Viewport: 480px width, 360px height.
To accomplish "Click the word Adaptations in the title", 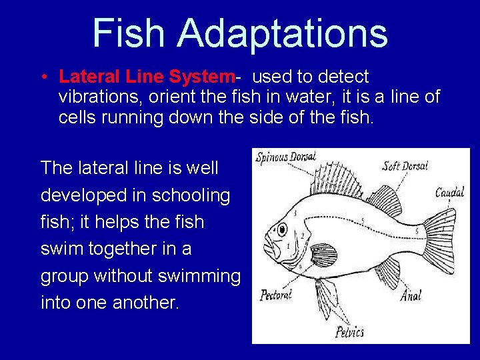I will pyautogui.click(x=283, y=33).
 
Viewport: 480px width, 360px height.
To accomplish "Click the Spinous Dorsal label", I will pyautogui.click(x=286, y=157).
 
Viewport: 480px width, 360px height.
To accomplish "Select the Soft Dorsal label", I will pyautogui.click(x=405, y=165).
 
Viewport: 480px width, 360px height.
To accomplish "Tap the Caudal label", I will pyautogui.click(x=449, y=193).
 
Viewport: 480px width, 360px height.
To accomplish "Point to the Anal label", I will pyautogui.click(x=411, y=294).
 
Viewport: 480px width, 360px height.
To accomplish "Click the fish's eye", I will pyautogui.click(x=282, y=230).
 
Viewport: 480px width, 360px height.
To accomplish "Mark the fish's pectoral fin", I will pyautogui.click(x=324, y=255).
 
